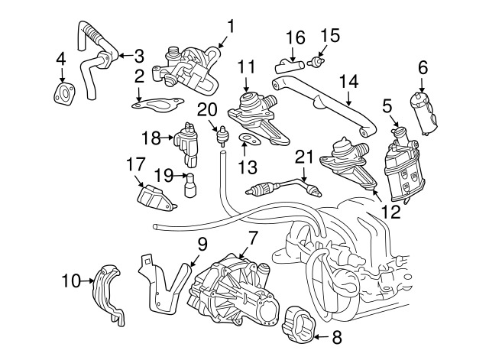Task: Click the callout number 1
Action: [x=231, y=27]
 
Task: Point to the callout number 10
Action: [x=70, y=282]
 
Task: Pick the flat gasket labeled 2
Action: [x=159, y=105]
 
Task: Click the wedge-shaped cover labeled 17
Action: [x=157, y=197]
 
